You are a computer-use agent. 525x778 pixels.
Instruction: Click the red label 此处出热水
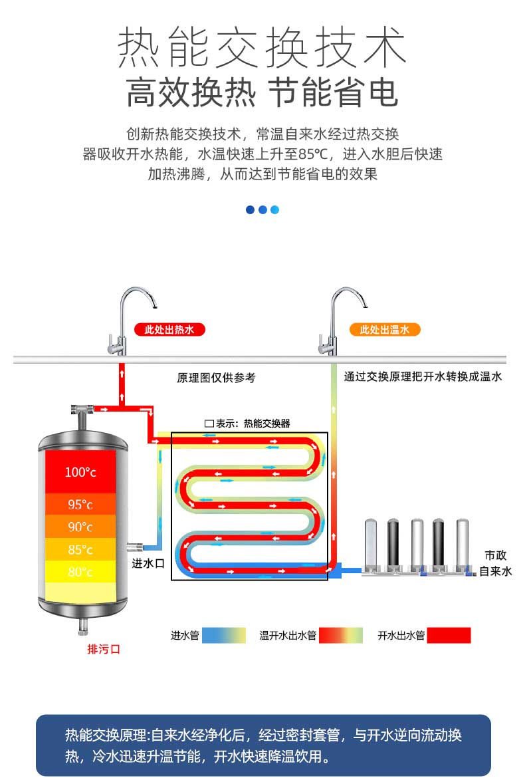169,329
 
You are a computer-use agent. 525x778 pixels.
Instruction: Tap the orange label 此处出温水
385,329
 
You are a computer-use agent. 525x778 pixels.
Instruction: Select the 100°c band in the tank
80,471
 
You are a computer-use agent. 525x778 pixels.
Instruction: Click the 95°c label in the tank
80,505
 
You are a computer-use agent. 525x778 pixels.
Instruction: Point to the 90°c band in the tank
80,527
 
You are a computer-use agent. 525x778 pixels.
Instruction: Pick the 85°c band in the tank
80,549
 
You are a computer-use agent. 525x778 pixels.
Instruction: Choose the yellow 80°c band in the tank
80,572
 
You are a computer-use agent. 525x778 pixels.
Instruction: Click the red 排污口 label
104,649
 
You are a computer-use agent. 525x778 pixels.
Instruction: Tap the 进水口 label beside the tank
148,563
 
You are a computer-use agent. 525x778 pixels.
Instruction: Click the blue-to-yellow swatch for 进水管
224,635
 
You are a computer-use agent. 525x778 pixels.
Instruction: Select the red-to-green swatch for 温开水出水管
340,635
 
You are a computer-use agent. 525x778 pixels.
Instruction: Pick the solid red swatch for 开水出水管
449,635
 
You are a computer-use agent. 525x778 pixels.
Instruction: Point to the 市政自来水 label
495,563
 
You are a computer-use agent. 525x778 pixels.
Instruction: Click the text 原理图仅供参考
216,378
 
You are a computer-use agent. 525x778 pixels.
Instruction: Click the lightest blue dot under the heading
274,209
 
